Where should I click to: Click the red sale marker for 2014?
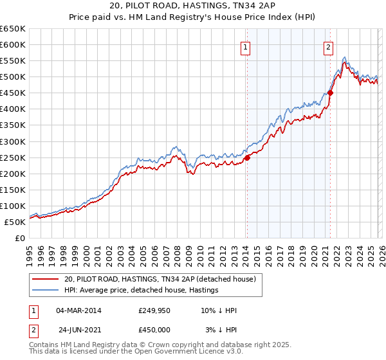[247, 157]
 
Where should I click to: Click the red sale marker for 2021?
[330, 93]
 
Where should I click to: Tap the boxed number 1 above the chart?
[246, 46]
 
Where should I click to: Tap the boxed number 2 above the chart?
[328, 46]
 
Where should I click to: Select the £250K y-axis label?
[12, 157]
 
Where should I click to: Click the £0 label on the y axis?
[19, 238]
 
